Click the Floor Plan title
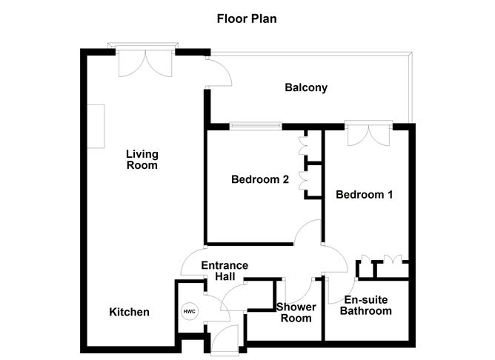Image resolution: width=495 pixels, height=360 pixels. click(247, 19)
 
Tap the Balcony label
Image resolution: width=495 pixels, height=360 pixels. click(306, 88)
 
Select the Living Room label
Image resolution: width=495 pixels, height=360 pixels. click(142, 160)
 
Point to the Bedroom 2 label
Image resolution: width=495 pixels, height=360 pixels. click(259, 179)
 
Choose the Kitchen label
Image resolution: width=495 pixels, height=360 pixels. click(130, 312)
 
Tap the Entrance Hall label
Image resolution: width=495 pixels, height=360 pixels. click(226, 271)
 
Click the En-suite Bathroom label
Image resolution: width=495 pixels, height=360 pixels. click(368, 305)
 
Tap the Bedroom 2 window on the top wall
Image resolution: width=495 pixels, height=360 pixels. click(253, 126)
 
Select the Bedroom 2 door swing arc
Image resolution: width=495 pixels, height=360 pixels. click(306, 236)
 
